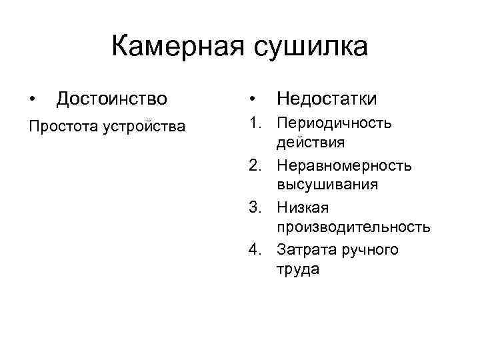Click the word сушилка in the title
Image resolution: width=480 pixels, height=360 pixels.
pyautogui.click(x=311, y=47)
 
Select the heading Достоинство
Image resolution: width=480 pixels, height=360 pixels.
pyautogui.click(x=112, y=99)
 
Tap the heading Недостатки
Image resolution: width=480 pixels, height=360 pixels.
pyautogui.click(x=327, y=99)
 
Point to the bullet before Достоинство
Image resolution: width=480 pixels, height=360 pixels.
pyautogui.click(x=33, y=99)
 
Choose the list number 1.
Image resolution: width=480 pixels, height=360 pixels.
pyautogui.click(x=254, y=123)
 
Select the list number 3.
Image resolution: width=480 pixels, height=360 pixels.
pyautogui.click(x=254, y=207)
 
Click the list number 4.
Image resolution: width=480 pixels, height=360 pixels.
pyautogui.click(x=254, y=249)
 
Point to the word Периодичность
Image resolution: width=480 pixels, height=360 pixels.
pyautogui.click(x=335, y=123)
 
